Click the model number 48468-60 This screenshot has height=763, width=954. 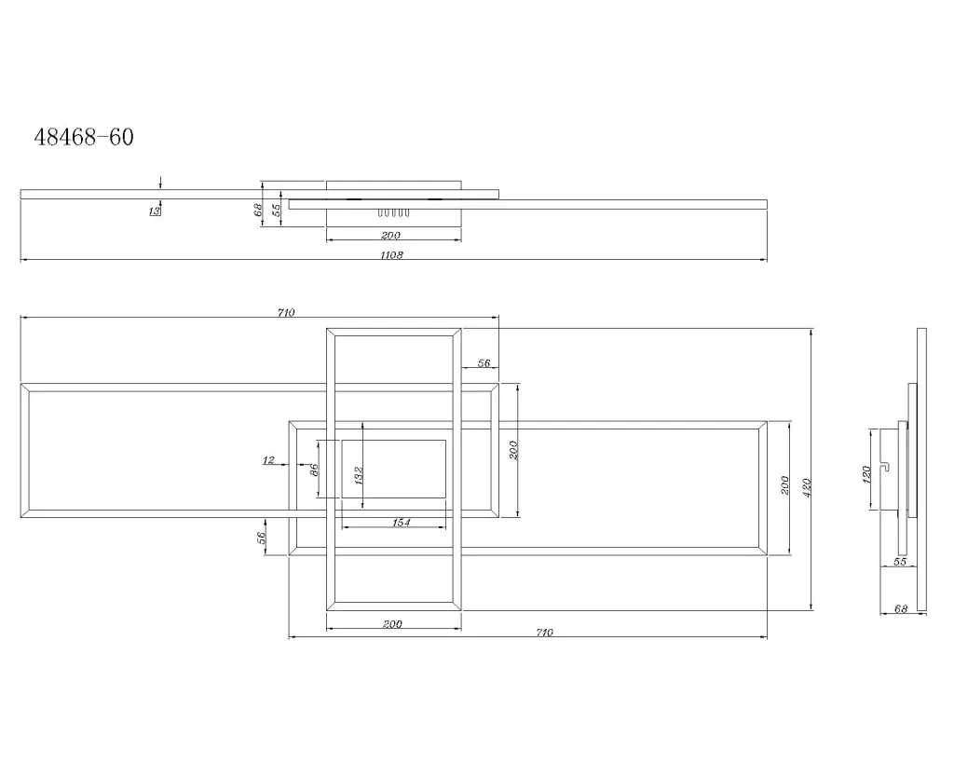(x=83, y=137)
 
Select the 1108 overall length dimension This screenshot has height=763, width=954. (x=391, y=255)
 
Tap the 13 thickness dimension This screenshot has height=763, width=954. (x=155, y=211)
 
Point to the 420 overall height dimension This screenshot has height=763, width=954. (x=807, y=487)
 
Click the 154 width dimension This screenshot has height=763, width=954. (x=401, y=522)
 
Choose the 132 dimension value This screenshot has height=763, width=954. (x=359, y=475)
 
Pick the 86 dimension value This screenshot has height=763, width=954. (x=314, y=470)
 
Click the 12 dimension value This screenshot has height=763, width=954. (x=268, y=460)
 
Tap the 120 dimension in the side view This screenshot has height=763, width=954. (x=866, y=474)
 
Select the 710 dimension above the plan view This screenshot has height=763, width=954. (x=286, y=312)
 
